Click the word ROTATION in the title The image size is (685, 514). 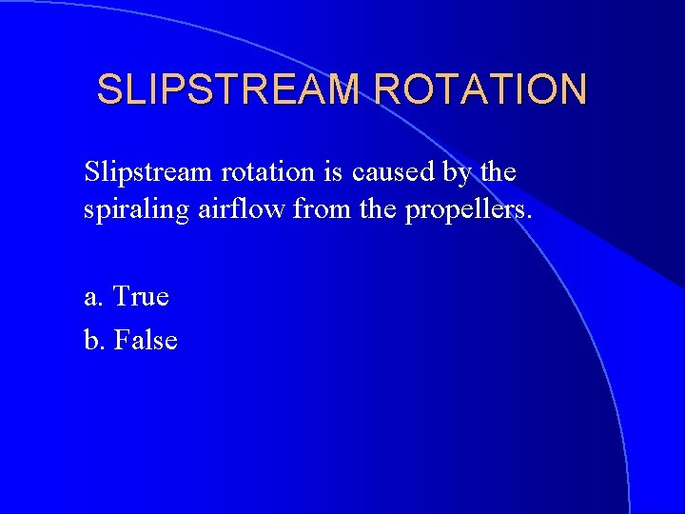(480, 89)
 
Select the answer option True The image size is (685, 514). (141, 297)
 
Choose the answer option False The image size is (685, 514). (146, 339)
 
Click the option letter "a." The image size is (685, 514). (94, 298)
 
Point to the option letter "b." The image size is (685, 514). (95, 339)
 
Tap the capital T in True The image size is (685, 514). (121, 297)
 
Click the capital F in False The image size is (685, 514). (121, 339)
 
